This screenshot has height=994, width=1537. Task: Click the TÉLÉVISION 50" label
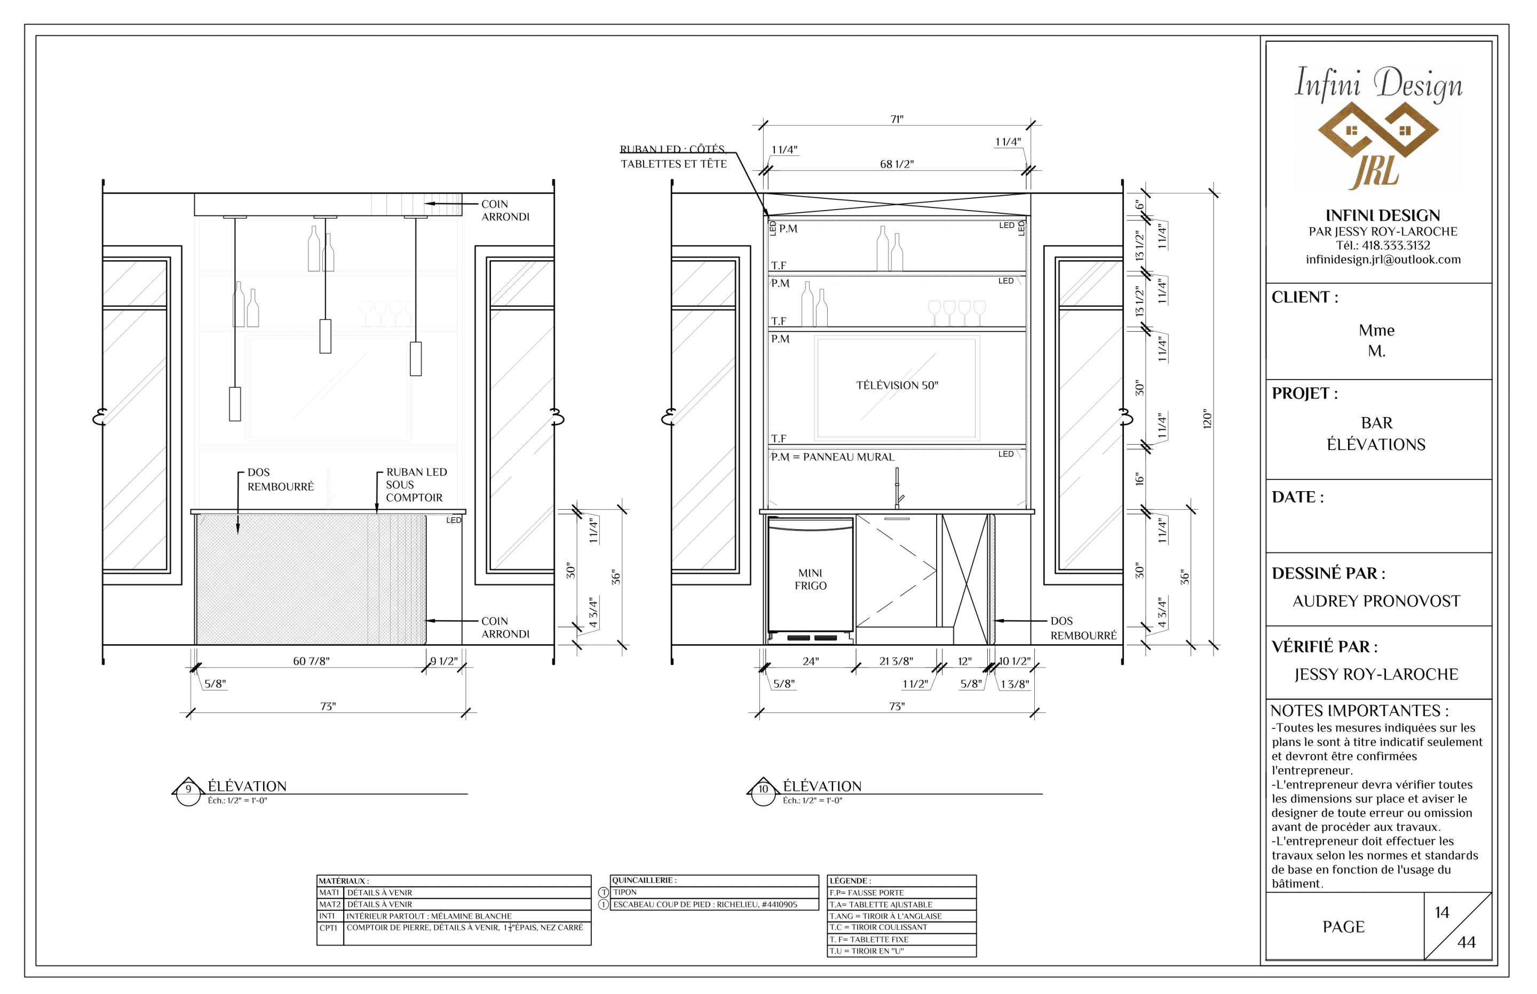(897, 386)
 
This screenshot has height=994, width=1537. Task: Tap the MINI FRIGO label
(811, 579)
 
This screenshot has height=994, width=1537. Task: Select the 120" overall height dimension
(1208, 419)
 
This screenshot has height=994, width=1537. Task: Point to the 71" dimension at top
(897, 119)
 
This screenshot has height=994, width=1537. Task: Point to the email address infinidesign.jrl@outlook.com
(1383, 260)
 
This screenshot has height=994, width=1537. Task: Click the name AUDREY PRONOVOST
(1376, 601)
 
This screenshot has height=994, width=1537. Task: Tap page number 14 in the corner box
(1442, 912)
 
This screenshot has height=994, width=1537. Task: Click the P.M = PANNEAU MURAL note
(833, 457)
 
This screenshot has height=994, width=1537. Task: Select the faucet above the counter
(898, 488)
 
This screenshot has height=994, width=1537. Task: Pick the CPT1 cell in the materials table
(328, 928)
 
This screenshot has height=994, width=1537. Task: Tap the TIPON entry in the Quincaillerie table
(625, 893)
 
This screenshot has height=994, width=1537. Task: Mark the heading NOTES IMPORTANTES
(1359, 711)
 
